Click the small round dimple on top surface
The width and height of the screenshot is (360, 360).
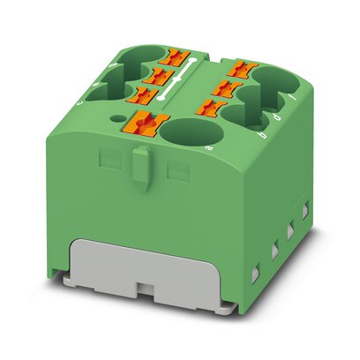(x=116, y=116)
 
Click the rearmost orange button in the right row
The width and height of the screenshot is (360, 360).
(x=240, y=67)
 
